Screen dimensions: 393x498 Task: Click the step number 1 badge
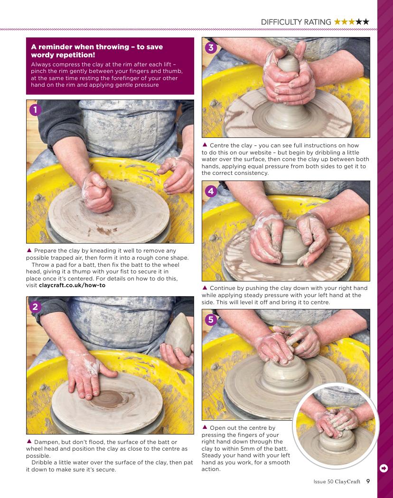(x=35, y=110)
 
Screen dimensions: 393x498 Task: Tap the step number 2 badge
(x=35, y=307)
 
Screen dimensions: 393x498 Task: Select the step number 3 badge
(x=211, y=48)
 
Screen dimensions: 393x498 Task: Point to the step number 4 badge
(x=211, y=191)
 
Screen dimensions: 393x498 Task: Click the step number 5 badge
(x=211, y=319)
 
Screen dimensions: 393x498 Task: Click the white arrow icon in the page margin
(x=384, y=468)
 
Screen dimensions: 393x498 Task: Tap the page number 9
(x=368, y=481)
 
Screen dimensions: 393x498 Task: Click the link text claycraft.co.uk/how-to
(x=72, y=285)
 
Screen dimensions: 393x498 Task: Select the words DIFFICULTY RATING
(x=296, y=22)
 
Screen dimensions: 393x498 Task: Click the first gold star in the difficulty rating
(x=337, y=22)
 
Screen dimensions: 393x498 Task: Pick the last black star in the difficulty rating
(x=366, y=22)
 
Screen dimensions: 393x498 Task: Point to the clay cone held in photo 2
(x=179, y=335)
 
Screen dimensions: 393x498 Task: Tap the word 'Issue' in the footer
(x=319, y=481)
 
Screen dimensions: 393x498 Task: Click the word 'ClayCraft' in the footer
(x=347, y=481)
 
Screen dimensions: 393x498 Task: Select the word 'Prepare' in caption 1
(x=46, y=251)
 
